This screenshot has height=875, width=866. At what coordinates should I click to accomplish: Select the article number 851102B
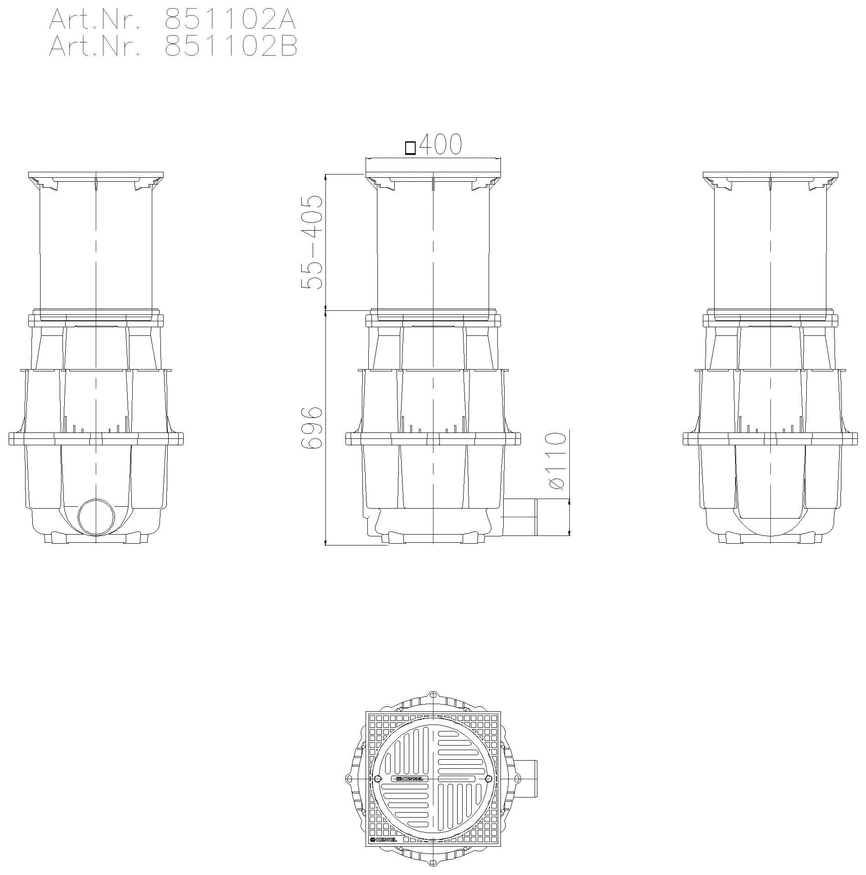click(x=231, y=47)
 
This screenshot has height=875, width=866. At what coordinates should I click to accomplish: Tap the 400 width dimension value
click(x=440, y=144)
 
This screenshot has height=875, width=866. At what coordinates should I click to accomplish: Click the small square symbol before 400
click(x=410, y=149)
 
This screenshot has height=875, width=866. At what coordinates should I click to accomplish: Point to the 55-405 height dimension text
click(x=313, y=242)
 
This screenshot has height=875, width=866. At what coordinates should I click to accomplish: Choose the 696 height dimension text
click(x=313, y=428)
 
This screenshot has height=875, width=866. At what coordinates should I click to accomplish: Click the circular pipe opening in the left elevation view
click(x=96, y=517)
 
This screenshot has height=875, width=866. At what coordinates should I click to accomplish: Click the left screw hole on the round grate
click(x=377, y=778)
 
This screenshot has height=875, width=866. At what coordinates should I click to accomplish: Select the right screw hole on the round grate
click(x=489, y=778)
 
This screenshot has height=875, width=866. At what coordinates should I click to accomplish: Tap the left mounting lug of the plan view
click(x=349, y=778)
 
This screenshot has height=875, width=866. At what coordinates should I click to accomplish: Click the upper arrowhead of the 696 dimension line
click(x=325, y=314)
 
